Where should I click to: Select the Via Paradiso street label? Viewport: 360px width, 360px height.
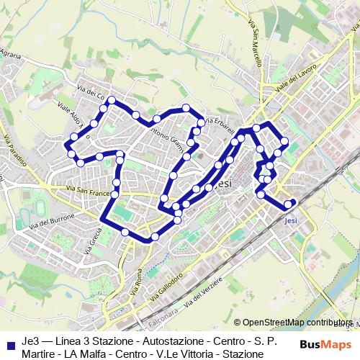[14, 150]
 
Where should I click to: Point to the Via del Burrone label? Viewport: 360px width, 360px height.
[51, 219]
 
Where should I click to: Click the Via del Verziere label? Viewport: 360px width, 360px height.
[203, 305]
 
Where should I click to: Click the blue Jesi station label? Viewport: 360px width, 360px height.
[291, 221]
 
